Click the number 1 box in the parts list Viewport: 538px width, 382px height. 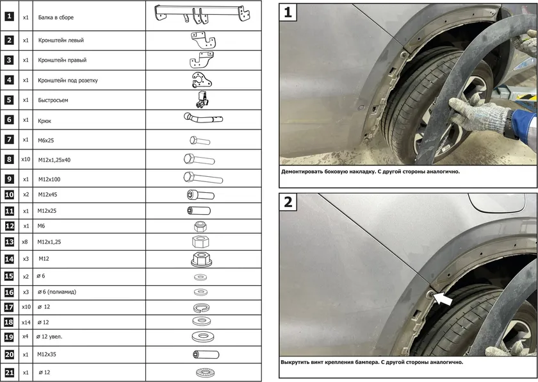point(9,17)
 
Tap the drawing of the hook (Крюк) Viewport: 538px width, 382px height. point(203,119)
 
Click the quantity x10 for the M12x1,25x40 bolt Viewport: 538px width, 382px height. point(26,158)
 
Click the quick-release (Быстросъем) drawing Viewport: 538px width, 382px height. point(202,100)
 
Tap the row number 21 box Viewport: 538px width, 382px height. point(9,372)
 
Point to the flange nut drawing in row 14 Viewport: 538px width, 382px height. point(203,260)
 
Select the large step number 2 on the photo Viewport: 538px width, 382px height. point(289,202)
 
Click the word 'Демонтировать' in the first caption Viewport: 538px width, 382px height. point(306,172)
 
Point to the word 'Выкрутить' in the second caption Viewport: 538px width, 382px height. point(298,362)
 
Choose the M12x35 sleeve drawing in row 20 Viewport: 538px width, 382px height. point(206,354)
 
